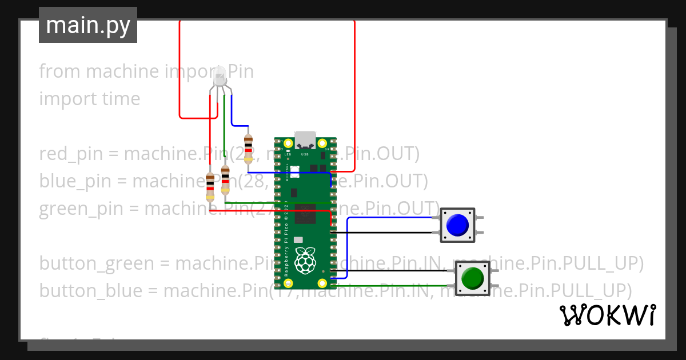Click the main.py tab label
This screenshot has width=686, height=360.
[x=87, y=25]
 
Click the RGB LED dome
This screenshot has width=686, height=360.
[x=219, y=76]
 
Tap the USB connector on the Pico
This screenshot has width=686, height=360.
[x=305, y=140]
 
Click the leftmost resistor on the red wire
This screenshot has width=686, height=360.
[x=210, y=187]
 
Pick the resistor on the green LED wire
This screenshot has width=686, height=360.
[x=225, y=179]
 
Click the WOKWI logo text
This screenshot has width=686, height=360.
[x=607, y=315]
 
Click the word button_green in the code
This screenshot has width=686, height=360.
[x=97, y=263]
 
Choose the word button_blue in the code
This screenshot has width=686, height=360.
[x=90, y=291]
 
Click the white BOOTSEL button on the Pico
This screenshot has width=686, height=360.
[x=295, y=170]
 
